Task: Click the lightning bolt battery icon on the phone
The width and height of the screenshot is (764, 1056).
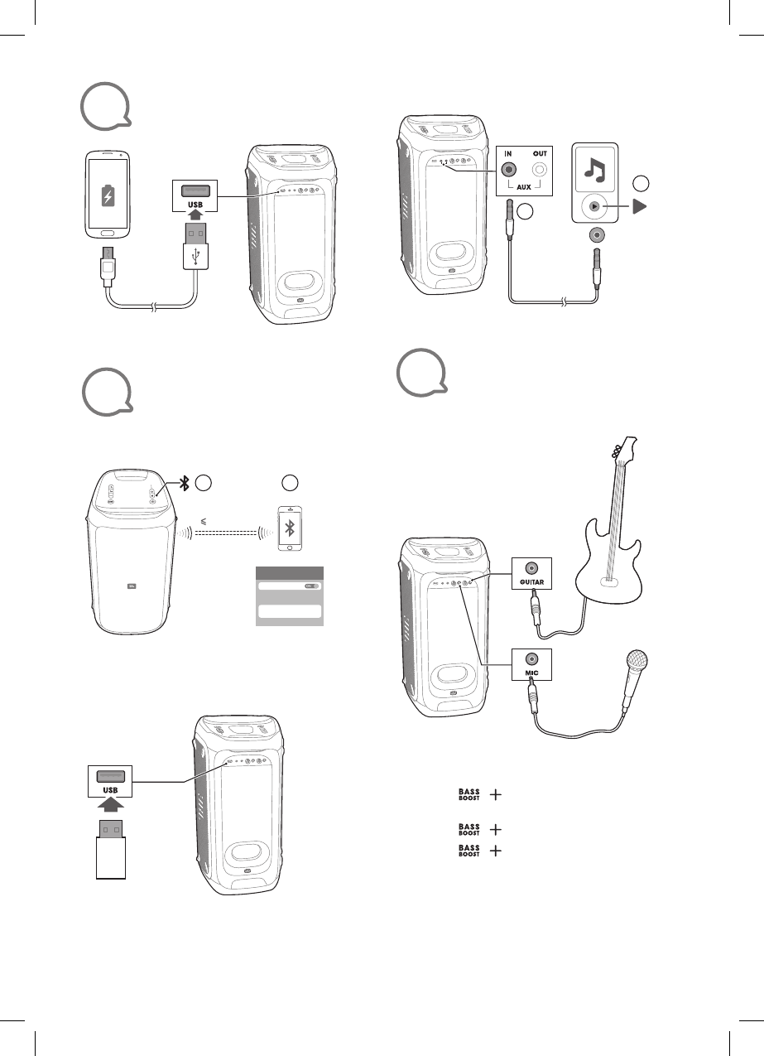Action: tap(107, 195)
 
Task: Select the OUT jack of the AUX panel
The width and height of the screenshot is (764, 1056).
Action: tap(539, 170)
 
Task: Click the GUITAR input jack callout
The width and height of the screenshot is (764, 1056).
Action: tap(531, 569)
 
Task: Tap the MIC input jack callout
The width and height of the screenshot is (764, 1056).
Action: tap(531, 660)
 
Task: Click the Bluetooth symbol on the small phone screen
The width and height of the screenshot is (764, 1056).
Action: tap(290, 530)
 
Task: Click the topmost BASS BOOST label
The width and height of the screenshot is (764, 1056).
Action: tap(469, 795)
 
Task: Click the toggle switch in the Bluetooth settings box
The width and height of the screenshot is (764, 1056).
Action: tap(310, 585)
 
